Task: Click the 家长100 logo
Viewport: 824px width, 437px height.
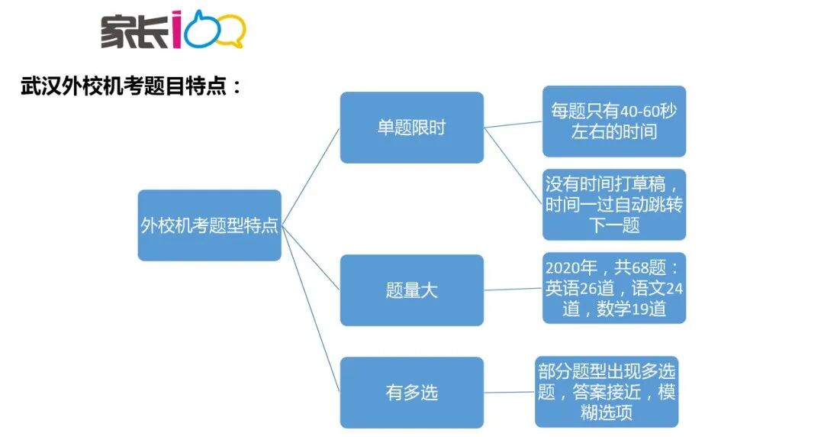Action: click(x=172, y=31)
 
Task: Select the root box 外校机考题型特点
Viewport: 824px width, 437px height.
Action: click(x=209, y=225)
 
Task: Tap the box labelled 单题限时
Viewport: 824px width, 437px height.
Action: click(x=411, y=128)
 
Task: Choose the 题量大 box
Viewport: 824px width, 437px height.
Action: click(x=411, y=290)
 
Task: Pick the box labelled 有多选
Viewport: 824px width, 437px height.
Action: click(x=411, y=393)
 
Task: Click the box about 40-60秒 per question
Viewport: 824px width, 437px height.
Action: click(x=613, y=121)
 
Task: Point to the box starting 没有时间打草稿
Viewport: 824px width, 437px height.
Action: click(x=613, y=205)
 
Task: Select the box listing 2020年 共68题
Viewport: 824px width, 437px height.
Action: click(x=613, y=288)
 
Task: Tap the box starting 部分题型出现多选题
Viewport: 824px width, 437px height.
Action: click(x=606, y=392)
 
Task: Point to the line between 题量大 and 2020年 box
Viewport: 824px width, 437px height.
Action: click(x=513, y=290)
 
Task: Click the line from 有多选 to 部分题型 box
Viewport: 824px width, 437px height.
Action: click(x=509, y=393)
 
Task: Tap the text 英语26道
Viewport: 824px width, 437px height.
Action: click(x=582, y=288)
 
